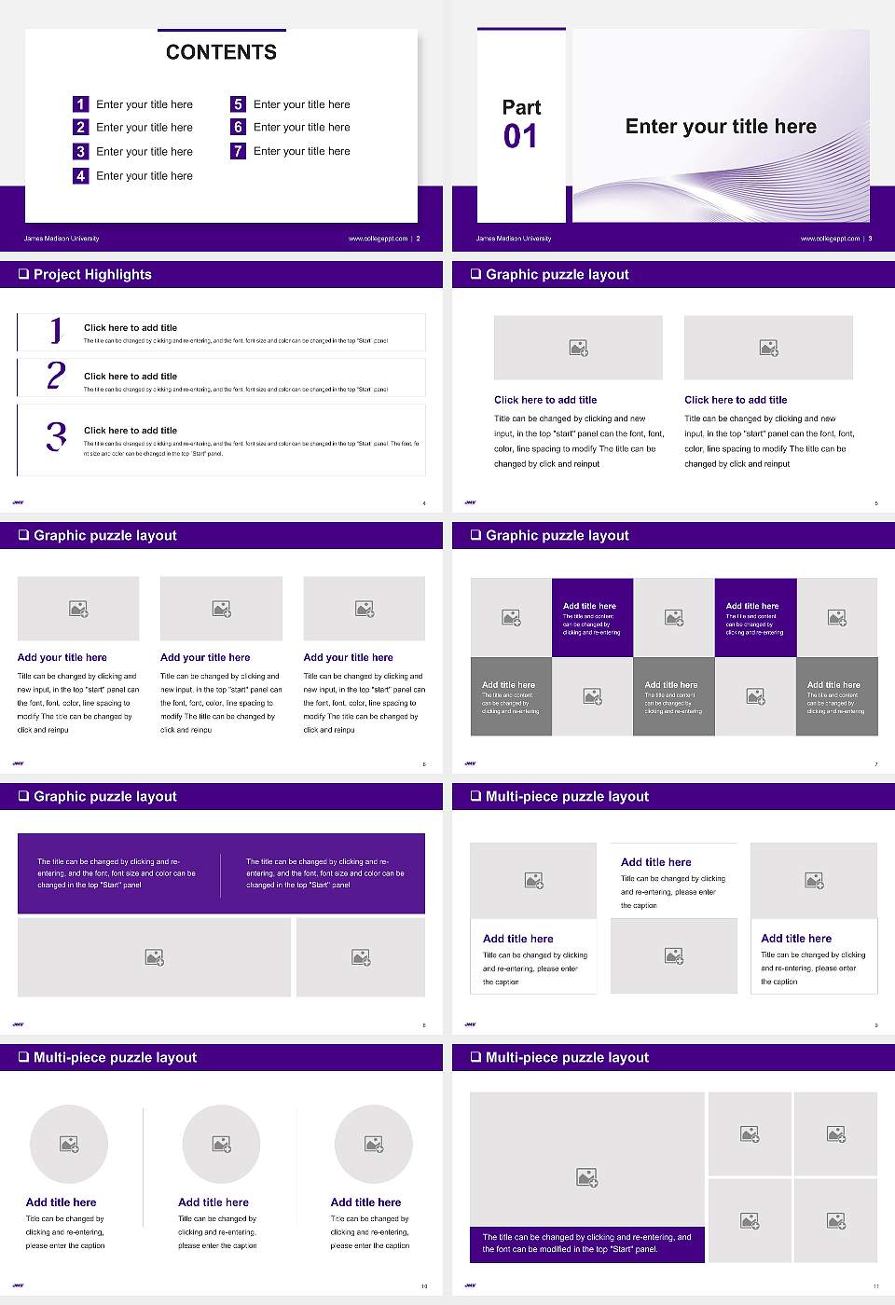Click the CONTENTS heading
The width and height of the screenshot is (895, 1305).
(x=221, y=52)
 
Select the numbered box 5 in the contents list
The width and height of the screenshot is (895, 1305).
(x=238, y=104)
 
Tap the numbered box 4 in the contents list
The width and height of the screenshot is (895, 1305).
(x=80, y=175)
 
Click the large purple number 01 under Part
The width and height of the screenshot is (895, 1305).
(x=520, y=137)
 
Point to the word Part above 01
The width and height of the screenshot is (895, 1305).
(x=521, y=107)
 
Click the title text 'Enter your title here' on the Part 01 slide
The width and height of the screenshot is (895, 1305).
(x=721, y=127)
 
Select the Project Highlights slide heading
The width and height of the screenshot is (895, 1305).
(x=92, y=274)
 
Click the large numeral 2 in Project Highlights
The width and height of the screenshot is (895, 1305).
(x=56, y=376)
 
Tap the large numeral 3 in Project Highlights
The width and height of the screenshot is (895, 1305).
(x=56, y=436)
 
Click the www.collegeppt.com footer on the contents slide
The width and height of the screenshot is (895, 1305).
(x=378, y=239)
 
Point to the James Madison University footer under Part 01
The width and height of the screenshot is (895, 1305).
(x=514, y=239)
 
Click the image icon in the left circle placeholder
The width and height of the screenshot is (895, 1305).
(x=69, y=1144)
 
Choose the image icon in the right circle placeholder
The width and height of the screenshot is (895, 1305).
(x=374, y=1144)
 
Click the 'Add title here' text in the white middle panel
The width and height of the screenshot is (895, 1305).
(x=656, y=862)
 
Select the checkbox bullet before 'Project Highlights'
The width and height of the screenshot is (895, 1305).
(x=23, y=274)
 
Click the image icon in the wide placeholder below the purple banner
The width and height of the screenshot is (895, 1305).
(x=155, y=957)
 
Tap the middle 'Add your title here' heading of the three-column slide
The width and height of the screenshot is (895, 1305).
(x=205, y=657)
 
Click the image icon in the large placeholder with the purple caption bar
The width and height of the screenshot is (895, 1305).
(x=586, y=1178)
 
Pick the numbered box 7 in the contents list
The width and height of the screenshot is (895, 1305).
(x=238, y=151)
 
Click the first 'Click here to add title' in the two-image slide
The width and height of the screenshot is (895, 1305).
(x=545, y=400)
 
